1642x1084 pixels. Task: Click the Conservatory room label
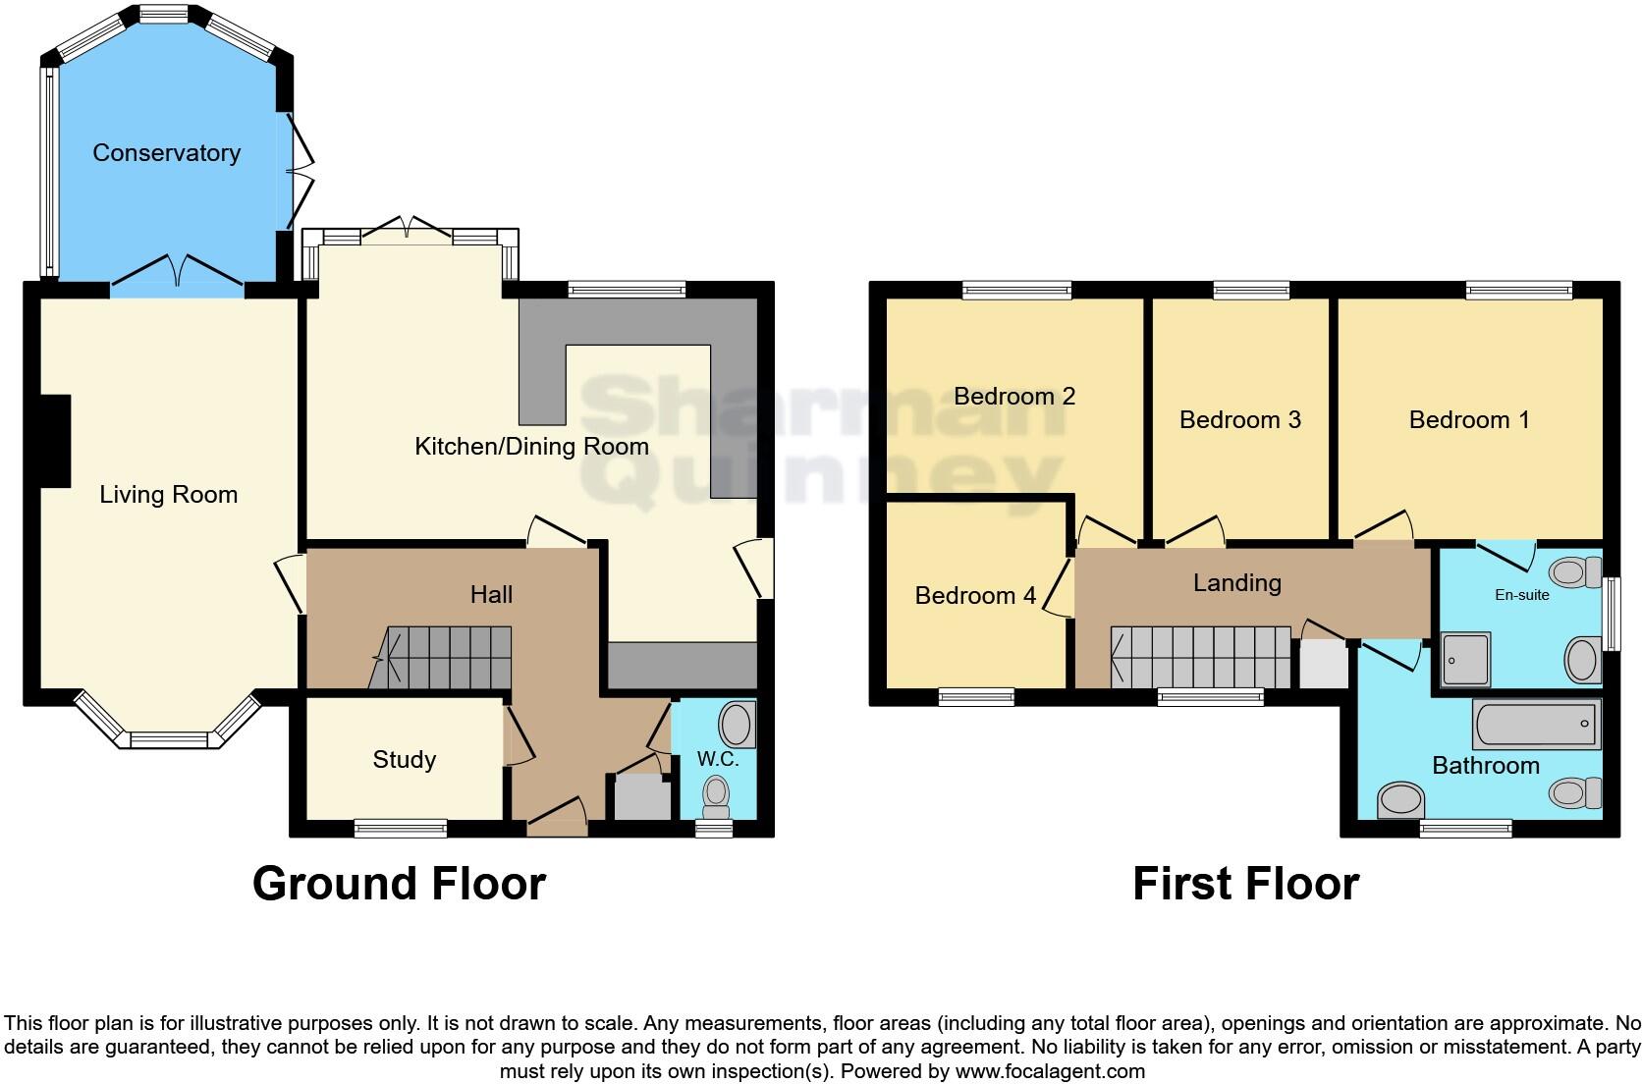point(166,152)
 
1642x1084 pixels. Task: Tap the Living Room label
point(169,495)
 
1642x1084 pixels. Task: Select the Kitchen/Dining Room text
point(531,447)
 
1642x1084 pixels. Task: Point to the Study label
point(404,759)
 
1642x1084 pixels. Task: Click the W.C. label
point(718,759)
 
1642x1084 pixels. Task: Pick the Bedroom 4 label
point(975,595)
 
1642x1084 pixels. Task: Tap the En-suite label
point(1522,595)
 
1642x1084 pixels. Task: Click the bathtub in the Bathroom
point(1537,724)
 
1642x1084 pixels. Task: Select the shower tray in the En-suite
point(1465,660)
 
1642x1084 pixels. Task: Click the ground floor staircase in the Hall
point(440,658)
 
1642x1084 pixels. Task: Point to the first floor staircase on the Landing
point(1201,657)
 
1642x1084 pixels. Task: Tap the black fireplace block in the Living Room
point(55,441)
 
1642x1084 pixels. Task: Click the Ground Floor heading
point(400,883)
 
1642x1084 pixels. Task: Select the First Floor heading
point(1246,883)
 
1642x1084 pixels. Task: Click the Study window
point(401,828)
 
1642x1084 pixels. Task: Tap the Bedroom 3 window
point(1251,291)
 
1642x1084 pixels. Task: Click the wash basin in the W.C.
point(738,724)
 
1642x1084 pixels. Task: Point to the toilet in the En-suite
point(1576,571)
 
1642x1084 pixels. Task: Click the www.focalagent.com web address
point(1050,1071)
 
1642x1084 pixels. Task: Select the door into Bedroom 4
point(1059,587)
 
